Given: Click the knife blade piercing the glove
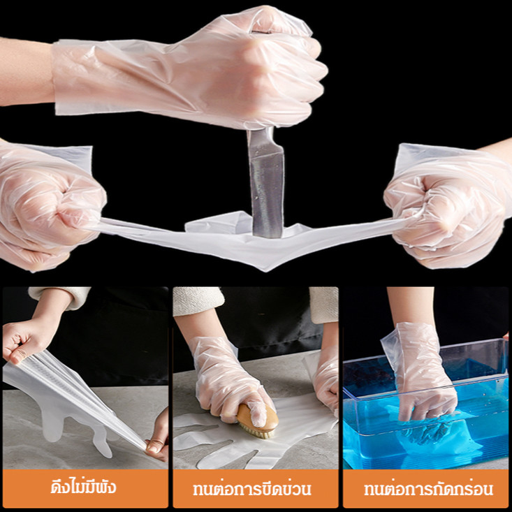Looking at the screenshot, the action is pyautogui.click(x=266, y=183).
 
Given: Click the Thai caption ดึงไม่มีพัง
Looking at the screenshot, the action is pyautogui.click(x=83, y=488).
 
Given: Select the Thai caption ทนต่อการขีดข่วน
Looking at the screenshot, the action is pyautogui.click(x=251, y=489).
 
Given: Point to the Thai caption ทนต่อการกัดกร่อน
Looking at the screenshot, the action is pyautogui.click(x=428, y=489).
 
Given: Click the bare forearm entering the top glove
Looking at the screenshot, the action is pyautogui.click(x=26, y=72).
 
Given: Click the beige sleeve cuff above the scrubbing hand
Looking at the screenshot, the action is pyautogui.click(x=198, y=301).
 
